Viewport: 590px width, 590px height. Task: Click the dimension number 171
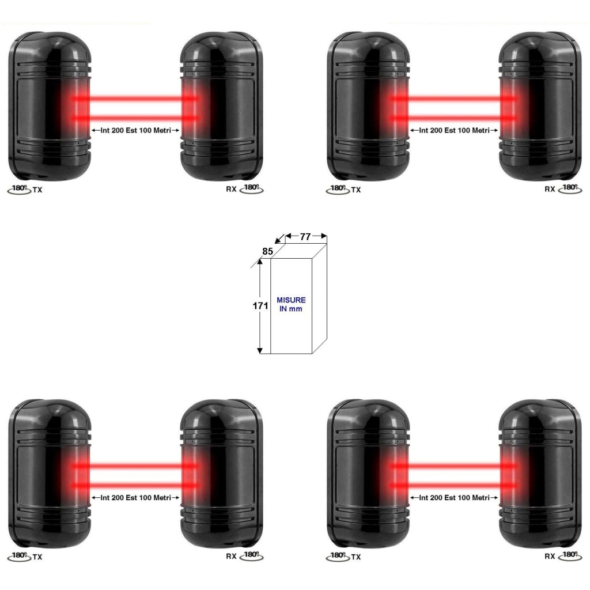[x=260, y=306]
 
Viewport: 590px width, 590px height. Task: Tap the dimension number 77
[x=305, y=237]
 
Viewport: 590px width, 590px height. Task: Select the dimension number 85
[x=267, y=251]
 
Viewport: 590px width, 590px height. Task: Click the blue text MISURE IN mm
[x=291, y=304]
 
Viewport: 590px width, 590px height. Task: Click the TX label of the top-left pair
[x=37, y=190]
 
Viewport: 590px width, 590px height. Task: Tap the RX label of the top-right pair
[x=550, y=189]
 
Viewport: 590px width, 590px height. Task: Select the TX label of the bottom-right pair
[x=356, y=557]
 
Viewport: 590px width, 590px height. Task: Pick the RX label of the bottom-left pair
[x=231, y=556]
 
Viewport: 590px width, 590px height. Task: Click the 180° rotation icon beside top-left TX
[x=19, y=189]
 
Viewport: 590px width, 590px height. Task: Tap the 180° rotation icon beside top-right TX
[x=338, y=189]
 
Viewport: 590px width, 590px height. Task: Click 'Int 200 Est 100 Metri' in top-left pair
[x=135, y=130]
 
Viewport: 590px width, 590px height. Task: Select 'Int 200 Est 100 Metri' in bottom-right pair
[x=454, y=497]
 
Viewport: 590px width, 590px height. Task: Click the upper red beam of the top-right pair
[x=454, y=99]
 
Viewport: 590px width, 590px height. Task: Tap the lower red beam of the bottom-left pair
[x=135, y=485]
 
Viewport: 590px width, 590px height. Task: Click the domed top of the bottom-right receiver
[x=538, y=410]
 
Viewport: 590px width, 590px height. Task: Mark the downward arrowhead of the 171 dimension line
[x=260, y=351]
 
